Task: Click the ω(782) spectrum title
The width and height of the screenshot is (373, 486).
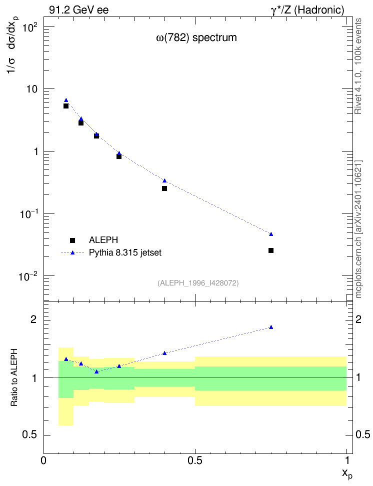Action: [196, 38]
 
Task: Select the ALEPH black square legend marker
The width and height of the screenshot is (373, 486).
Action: [72, 240]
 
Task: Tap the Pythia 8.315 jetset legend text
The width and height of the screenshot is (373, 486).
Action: [125, 252]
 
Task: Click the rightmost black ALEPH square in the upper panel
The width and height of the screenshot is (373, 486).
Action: [271, 250]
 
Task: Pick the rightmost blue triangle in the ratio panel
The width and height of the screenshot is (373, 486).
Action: [271, 327]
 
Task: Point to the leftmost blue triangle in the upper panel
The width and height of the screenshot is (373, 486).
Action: [66, 100]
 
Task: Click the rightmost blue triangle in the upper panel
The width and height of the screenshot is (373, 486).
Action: [271, 234]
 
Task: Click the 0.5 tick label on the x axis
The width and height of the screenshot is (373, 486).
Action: [194, 460]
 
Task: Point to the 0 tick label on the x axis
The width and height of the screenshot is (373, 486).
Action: [43, 460]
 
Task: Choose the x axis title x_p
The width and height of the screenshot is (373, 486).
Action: [347, 473]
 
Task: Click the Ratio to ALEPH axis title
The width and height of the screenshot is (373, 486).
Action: [14, 377]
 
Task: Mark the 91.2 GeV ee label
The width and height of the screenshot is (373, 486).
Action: [79, 10]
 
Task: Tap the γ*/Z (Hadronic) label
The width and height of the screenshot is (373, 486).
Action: [307, 10]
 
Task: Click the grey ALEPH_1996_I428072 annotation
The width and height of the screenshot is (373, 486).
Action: [198, 283]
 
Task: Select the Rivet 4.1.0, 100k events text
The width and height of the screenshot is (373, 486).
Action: [358, 66]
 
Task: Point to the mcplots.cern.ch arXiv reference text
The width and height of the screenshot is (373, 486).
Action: [358, 229]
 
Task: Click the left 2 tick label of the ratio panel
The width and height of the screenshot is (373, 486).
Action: [33, 319]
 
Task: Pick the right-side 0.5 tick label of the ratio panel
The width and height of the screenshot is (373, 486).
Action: [363, 434]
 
